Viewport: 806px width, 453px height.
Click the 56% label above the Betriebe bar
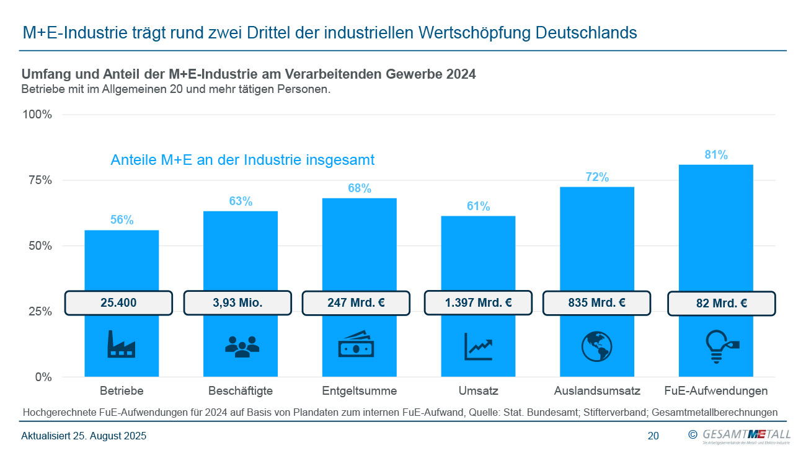(122, 219)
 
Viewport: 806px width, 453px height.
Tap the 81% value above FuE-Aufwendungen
(716, 155)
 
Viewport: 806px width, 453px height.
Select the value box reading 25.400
(118, 303)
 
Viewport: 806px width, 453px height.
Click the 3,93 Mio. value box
(237, 303)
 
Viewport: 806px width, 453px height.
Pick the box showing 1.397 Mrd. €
(478, 303)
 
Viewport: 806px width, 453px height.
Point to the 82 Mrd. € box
(722, 304)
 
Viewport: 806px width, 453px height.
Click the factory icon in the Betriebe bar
(121, 344)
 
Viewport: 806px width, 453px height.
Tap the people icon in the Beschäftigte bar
(241, 346)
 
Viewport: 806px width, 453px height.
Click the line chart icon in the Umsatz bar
(478, 346)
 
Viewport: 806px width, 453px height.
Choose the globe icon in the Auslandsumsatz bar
(596, 346)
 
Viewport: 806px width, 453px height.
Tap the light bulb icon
(721, 346)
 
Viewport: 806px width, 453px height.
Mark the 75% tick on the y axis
(38, 180)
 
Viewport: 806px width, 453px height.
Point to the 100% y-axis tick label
(37, 115)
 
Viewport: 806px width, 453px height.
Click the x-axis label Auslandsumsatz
(597, 391)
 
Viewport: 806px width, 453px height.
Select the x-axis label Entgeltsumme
(360, 391)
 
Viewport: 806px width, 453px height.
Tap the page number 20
(653, 436)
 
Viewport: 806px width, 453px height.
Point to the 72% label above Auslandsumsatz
(597, 177)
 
